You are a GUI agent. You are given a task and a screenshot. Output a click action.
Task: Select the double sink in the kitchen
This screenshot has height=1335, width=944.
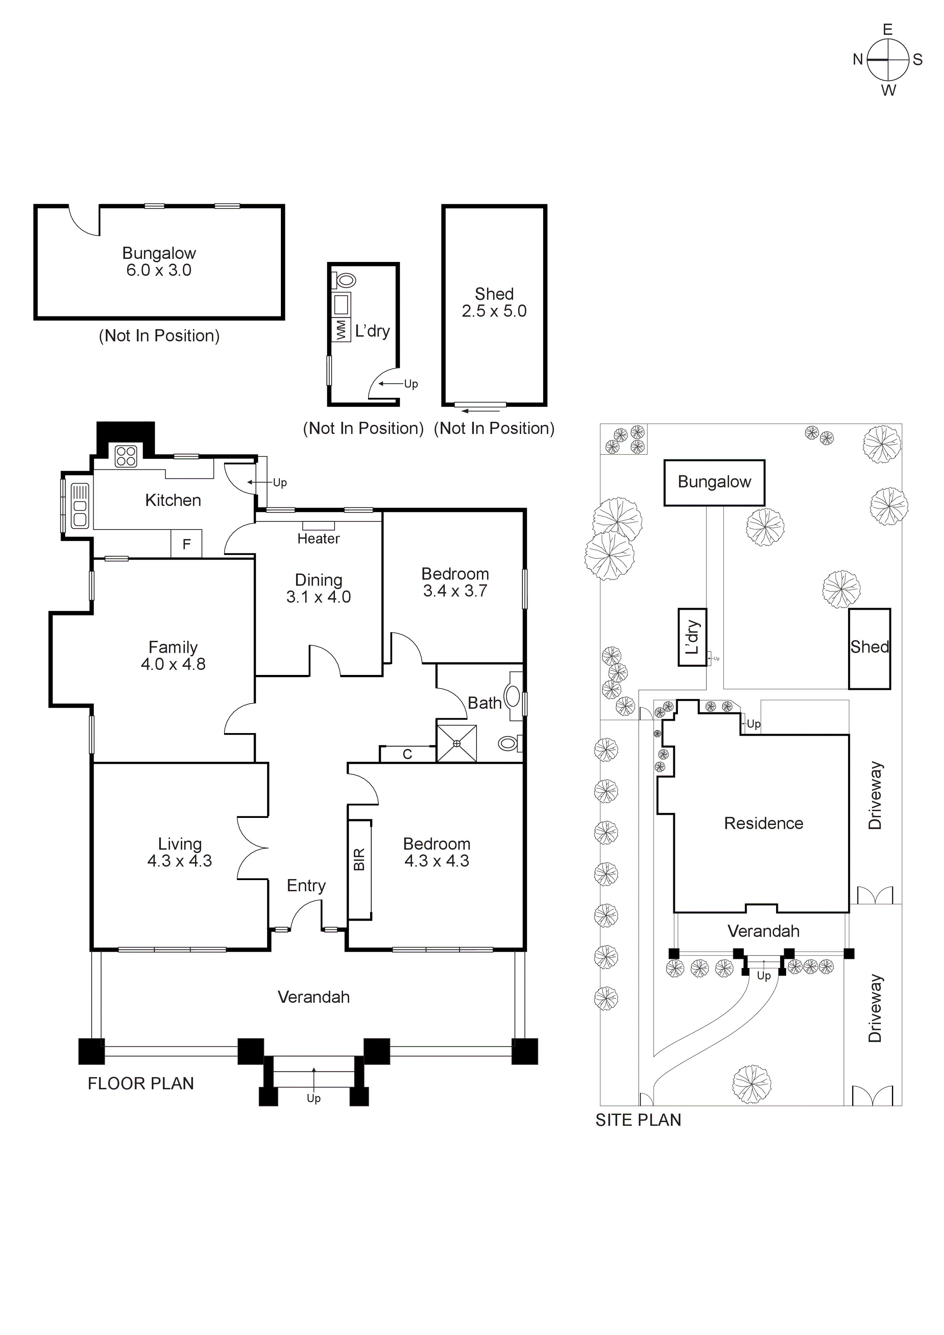[x=80, y=505]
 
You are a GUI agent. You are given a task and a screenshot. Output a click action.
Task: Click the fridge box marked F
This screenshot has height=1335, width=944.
[x=186, y=544]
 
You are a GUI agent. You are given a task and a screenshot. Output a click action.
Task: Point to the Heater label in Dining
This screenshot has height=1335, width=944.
[x=318, y=539]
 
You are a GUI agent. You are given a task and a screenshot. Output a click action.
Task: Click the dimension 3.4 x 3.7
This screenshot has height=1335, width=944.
[x=455, y=591]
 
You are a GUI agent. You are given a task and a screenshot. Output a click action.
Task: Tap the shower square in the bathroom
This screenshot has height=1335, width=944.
[x=457, y=743]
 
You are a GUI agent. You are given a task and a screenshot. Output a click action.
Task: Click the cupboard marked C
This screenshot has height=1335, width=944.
[x=407, y=754]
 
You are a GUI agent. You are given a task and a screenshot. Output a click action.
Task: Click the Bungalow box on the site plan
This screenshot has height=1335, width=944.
[x=714, y=483]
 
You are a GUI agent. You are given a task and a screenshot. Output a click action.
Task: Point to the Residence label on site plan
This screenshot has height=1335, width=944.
[x=763, y=823]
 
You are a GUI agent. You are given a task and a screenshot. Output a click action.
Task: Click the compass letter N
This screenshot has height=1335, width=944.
[x=857, y=59]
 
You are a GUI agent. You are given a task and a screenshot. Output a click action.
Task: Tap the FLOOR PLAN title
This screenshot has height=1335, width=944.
[x=141, y=1084]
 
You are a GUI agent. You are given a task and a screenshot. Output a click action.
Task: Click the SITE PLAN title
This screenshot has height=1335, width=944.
[x=638, y=1120]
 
